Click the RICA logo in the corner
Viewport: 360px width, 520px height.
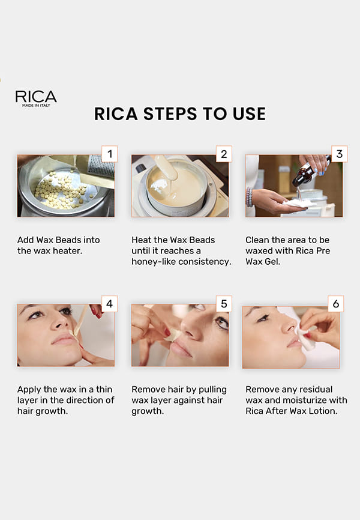36,98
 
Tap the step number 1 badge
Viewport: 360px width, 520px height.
109,154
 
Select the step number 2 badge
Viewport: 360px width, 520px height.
224,154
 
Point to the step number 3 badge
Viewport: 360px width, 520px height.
339,154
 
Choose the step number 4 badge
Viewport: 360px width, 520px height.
109,304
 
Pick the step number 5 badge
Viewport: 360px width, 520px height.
224,304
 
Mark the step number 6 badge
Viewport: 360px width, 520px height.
336,304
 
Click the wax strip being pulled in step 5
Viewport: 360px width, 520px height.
173,335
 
